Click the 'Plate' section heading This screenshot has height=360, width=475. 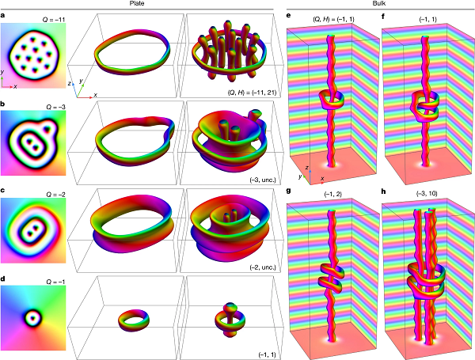137,4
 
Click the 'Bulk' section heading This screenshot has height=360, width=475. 379,4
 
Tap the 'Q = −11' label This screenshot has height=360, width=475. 54,20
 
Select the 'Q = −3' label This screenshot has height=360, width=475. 55,107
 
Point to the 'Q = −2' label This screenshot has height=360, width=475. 55,195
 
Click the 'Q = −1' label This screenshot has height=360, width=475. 55,282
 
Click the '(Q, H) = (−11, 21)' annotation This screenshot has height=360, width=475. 252,93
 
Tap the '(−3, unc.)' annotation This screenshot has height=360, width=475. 263,180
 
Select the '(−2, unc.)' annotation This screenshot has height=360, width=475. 263,267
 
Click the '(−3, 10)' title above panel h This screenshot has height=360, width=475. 427,193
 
